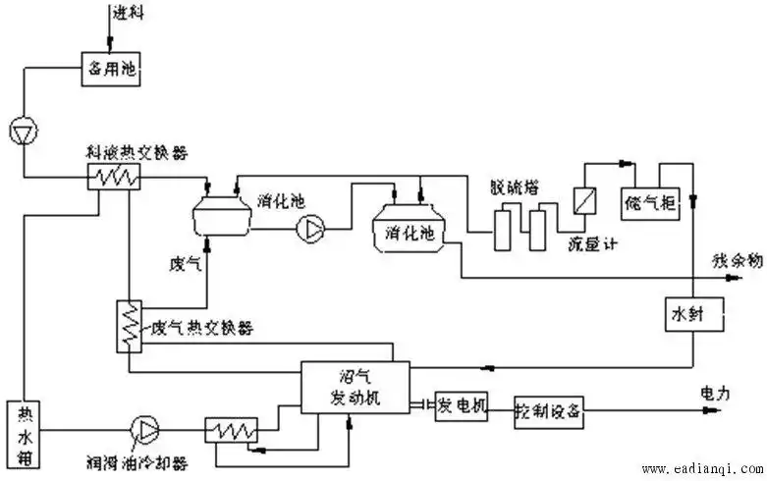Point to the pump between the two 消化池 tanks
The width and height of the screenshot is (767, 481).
[x=312, y=229]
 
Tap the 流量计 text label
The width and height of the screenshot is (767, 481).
[x=588, y=242]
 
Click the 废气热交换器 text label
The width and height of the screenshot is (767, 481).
[x=202, y=329]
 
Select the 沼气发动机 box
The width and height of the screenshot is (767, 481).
[x=355, y=390]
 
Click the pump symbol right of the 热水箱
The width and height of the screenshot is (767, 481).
[x=144, y=427]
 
